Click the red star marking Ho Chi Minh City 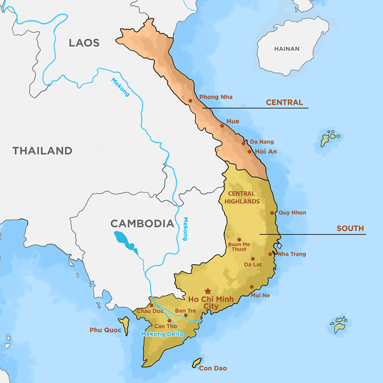[208, 291]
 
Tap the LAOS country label [84, 42]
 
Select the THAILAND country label [42, 151]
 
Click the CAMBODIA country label [142, 223]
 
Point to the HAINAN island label [287, 48]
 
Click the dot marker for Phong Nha [190, 101]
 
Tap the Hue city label [233, 121]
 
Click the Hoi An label [266, 151]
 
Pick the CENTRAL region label [284, 102]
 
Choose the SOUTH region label [350, 229]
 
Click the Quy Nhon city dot [272, 212]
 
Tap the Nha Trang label [291, 254]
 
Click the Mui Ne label [261, 295]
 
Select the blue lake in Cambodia [126, 242]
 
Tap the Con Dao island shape [196, 363]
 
